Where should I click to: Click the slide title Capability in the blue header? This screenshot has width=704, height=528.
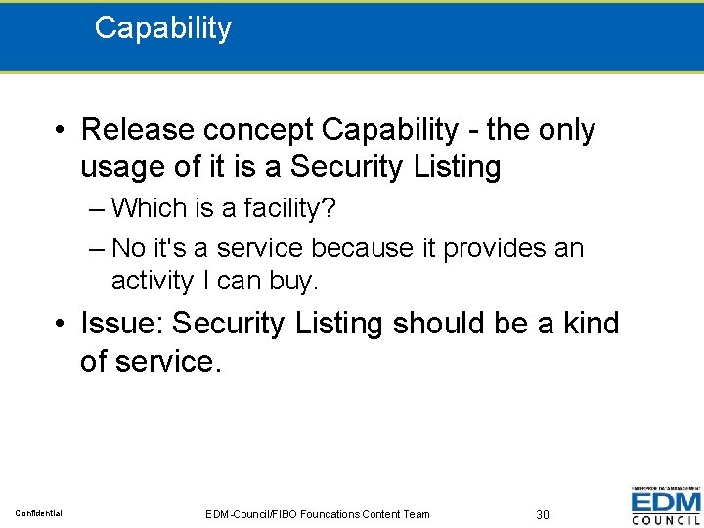pyautogui.click(x=162, y=28)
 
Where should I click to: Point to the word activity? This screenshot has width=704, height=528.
pyautogui.click(x=153, y=282)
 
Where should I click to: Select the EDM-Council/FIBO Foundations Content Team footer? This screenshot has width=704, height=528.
pyautogui.click(x=318, y=514)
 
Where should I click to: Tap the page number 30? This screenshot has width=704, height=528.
pyautogui.click(x=543, y=514)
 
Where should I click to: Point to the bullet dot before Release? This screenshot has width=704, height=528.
pyautogui.click(x=61, y=131)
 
